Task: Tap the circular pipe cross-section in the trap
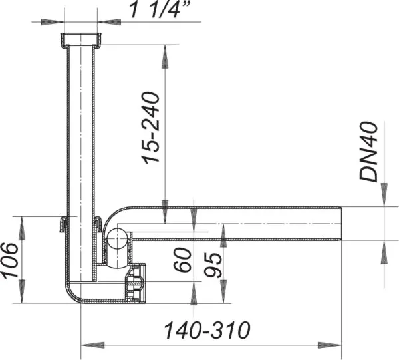tap(118, 239)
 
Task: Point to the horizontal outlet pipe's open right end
tap(340, 224)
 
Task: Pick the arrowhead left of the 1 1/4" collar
tap(49, 21)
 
